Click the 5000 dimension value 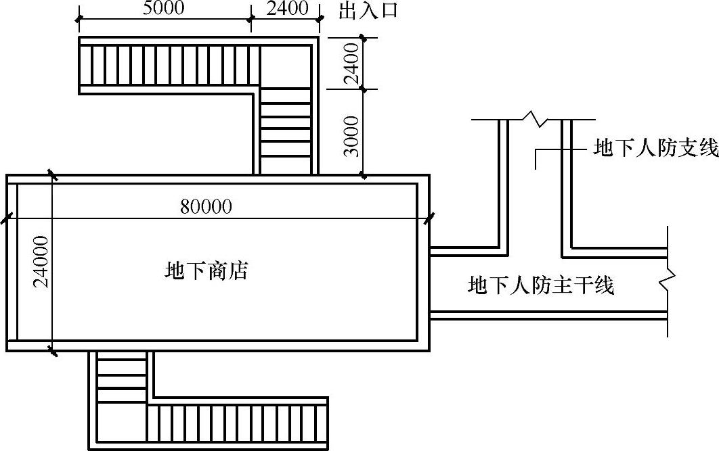(164, 9)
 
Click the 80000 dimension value (206, 207)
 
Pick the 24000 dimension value (41, 262)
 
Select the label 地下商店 (206, 271)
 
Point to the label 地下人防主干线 (540, 285)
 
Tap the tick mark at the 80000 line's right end (429, 218)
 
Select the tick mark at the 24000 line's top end (52, 175)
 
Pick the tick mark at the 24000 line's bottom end (52, 350)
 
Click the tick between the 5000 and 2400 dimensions (250, 22)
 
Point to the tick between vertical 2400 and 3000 (364, 89)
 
